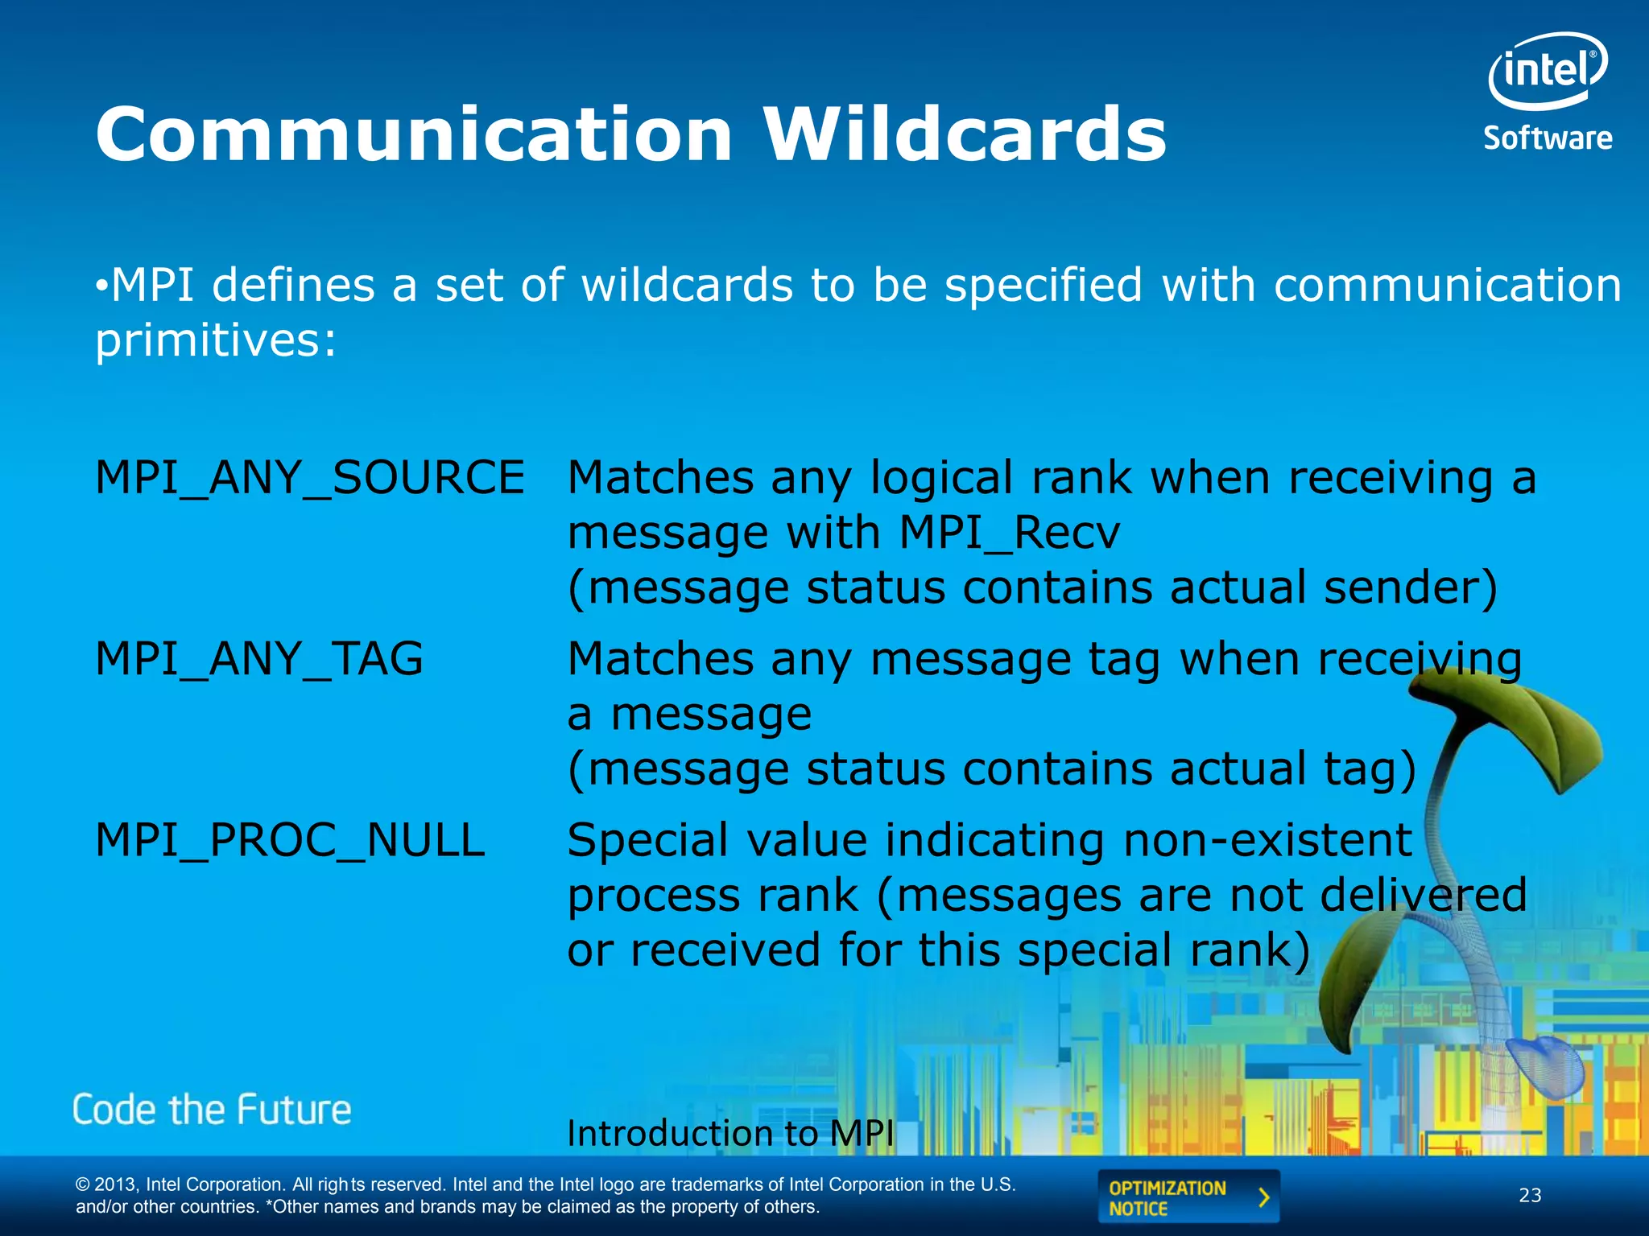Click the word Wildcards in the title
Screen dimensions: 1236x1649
[x=965, y=134]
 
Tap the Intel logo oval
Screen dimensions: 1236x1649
[x=1547, y=71]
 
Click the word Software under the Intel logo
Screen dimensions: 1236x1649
[x=1548, y=138]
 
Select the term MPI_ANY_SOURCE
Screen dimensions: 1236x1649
[x=310, y=478]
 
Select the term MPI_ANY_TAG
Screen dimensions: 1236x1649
[x=258, y=659]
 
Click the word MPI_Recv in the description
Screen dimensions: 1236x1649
[x=1009, y=533]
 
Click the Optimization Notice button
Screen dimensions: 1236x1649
[x=1188, y=1197]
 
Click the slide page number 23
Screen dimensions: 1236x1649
[x=1530, y=1196]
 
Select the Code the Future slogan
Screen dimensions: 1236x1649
[x=212, y=1110]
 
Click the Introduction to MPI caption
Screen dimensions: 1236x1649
[x=730, y=1133]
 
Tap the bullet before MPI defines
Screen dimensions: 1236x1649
[x=101, y=286]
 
